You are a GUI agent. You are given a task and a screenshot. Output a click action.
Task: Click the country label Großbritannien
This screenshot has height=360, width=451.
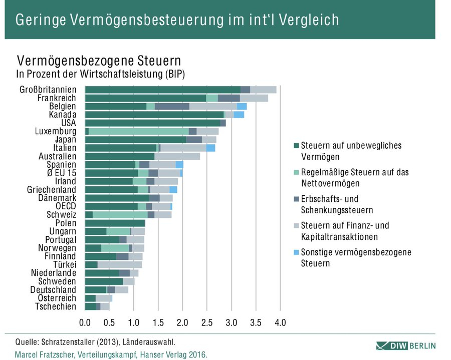[48, 90]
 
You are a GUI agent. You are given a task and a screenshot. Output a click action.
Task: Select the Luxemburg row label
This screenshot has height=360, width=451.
[55, 131]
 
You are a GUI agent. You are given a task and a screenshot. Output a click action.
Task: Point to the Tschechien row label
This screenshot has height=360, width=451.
[56, 306]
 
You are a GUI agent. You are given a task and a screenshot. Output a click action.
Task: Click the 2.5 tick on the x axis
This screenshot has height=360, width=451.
[207, 323]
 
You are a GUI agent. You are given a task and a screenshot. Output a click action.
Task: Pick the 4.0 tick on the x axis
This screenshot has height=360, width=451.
[280, 323]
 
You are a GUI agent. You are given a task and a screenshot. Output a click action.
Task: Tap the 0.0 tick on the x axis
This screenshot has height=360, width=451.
[85, 323]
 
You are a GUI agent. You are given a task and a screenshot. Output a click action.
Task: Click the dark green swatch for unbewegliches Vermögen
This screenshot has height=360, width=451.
[296, 146]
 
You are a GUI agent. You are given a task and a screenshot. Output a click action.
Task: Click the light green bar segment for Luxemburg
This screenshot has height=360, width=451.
[138, 131]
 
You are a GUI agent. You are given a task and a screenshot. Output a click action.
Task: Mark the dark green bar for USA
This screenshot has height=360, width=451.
[152, 123]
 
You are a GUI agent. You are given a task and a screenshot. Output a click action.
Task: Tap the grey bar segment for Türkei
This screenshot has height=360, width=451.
[119, 264]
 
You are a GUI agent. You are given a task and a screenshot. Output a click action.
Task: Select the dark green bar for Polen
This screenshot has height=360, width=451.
[115, 223]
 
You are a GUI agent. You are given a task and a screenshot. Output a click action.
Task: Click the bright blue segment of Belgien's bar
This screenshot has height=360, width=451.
[242, 106]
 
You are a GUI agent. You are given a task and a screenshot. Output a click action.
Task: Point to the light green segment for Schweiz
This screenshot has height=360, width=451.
[120, 214]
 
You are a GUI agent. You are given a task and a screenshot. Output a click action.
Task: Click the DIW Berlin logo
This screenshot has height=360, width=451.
[405, 345]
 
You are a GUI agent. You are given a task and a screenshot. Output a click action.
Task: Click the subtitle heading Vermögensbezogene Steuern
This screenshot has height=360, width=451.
[99, 61]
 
